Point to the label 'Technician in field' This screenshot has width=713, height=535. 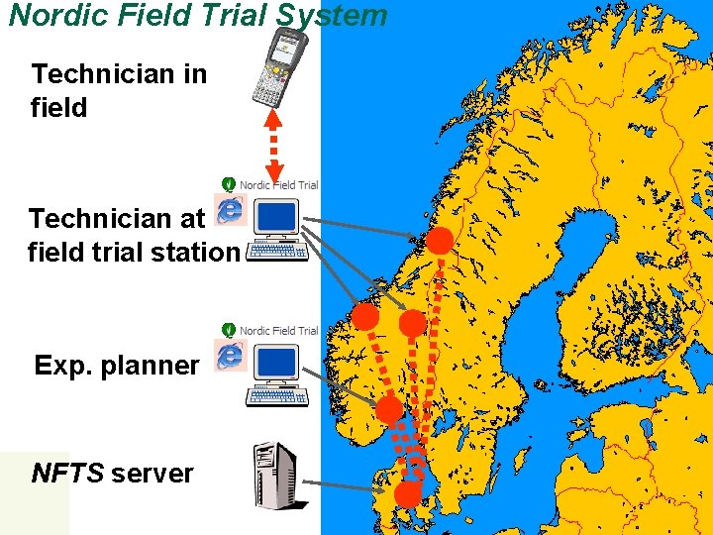pos(119,89)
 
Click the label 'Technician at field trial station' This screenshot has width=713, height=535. pos(133,235)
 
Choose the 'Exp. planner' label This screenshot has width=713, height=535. pos(116,366)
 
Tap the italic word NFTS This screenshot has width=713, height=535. pos(67,473)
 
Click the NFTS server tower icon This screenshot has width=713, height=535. pos(274,477)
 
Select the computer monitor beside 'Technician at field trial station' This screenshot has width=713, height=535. pos(276,218)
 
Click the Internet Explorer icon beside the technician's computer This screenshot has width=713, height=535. pos(231,209)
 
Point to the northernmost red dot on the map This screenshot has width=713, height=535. pos(440,240)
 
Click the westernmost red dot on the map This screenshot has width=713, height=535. pos(365,317)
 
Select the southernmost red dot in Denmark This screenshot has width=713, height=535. pos(407,493)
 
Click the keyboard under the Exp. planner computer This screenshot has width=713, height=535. pos(277,396)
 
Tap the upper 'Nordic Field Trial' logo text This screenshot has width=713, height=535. pos(278,185)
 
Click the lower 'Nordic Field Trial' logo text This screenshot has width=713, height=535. pos(278,330)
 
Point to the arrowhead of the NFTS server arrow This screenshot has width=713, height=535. pos(388,487)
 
